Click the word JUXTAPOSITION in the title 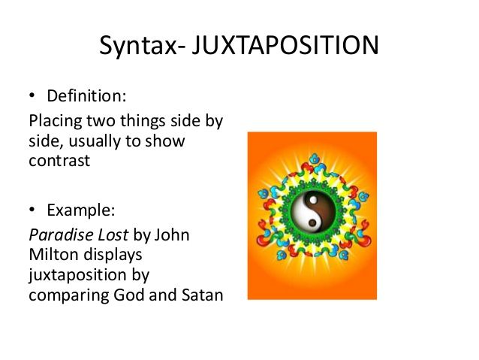tap(285, 47)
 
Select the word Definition tap(86, 97)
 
